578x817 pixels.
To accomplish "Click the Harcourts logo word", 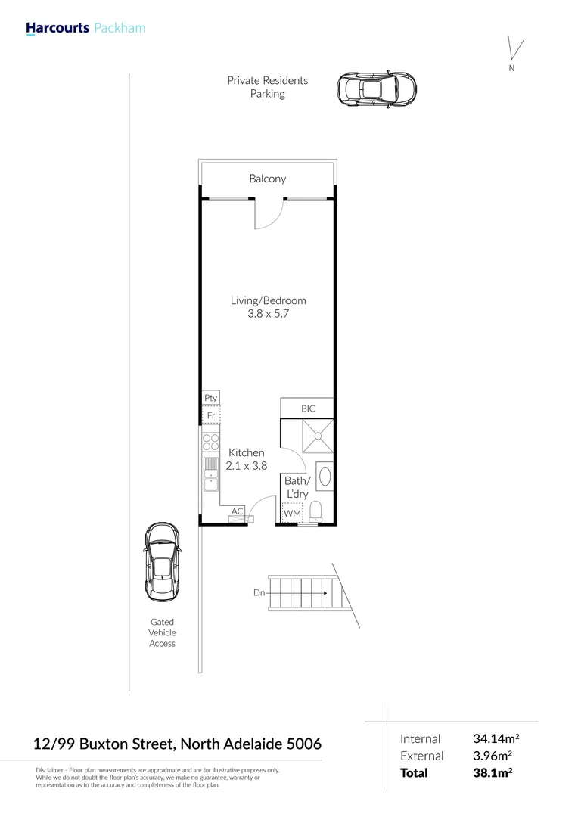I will pos(57,29).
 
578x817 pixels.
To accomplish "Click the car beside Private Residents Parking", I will pos(377,90).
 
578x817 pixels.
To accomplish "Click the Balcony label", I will pos(268,179).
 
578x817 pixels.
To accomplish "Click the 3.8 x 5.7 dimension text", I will pos(268,314).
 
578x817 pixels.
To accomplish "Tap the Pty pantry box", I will pos(210,398).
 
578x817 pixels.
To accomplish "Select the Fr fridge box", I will pos(210,415).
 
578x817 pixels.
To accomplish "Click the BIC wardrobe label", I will pos(307,408).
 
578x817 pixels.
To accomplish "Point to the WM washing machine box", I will pos(292,514).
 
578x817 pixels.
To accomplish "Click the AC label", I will pos(238,511).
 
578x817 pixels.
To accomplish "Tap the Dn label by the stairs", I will pos(259,593).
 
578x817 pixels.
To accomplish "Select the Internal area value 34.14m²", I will pos(496,738).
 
